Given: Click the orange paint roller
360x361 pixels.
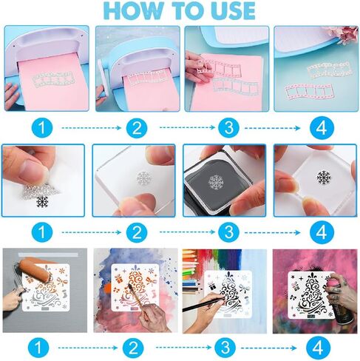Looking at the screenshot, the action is click(35, 272).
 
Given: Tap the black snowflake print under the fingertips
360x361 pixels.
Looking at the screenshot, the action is click(42, 201).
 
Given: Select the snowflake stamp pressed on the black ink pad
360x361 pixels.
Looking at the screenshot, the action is click(217, 183).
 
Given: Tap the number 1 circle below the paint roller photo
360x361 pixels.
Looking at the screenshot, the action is click(38, 348).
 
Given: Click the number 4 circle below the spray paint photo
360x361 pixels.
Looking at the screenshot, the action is click(318, 348).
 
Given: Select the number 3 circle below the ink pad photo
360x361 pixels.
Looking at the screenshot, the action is click(229, 232).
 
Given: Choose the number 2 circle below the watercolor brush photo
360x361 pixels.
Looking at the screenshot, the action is click(133, 348).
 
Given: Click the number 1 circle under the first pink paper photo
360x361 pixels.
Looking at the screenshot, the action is click(42, 128).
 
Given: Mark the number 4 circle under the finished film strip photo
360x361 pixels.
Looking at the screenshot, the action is click(322, 128).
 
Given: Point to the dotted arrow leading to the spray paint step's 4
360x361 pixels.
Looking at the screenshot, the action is click(269, 348).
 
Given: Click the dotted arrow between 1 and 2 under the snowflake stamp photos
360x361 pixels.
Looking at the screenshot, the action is click(92, 232).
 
